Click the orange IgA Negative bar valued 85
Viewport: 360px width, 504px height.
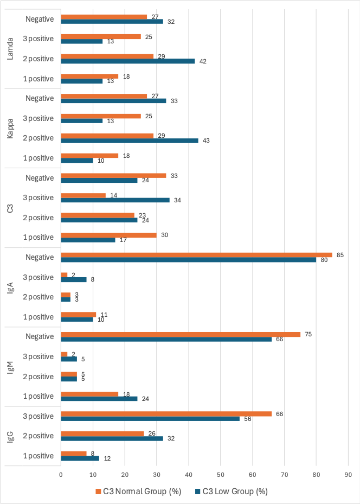tap(196, 254)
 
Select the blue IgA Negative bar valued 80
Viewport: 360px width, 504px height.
tap(188, 260)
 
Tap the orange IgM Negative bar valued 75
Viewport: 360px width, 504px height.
tap(181, 334)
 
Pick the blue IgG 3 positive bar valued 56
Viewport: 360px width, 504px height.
tap(150, 419)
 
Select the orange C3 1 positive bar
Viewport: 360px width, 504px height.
tap(108, 234)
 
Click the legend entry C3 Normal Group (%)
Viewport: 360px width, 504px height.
tap(138, 492)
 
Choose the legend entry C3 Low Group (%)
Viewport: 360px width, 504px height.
tap(232, 492)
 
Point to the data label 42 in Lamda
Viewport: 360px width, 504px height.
tap(203, 61)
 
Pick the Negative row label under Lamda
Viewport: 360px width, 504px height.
tap(40, 19)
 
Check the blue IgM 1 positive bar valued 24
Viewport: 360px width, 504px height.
tap(99, 399)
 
